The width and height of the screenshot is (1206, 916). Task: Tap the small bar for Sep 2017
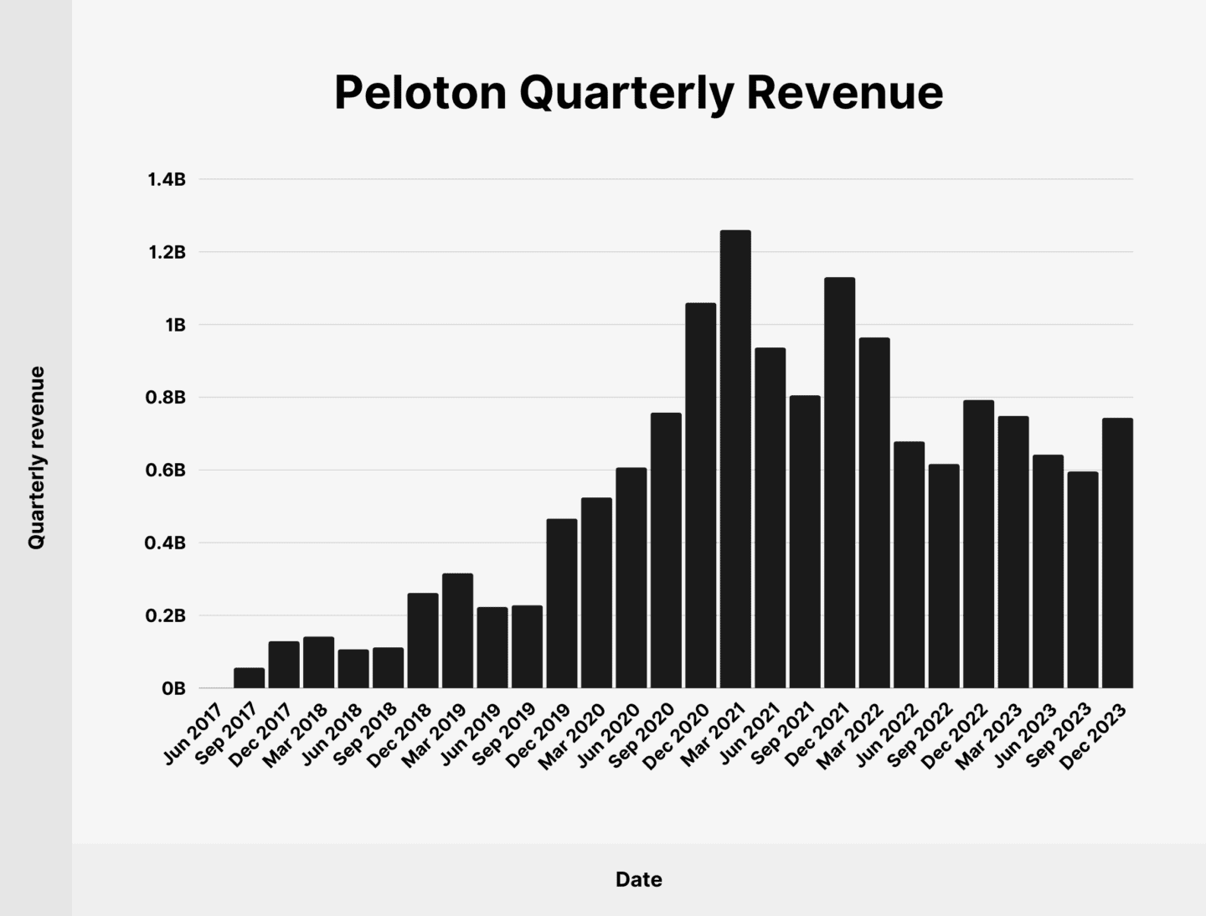[x=250, y=678]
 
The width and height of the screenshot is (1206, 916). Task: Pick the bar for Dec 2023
[x=1117, y=553]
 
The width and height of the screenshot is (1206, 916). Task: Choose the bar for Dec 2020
[x=701, y=495]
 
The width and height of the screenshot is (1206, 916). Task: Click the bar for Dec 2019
[x=562, y=603]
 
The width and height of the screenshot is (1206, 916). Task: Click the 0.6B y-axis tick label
[x=166, y=471]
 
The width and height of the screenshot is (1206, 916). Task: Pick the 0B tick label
[x=173, y=688]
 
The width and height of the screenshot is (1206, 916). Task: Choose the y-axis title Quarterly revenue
[x=36, y=457]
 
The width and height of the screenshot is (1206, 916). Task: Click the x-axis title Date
[x=638, y=879]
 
